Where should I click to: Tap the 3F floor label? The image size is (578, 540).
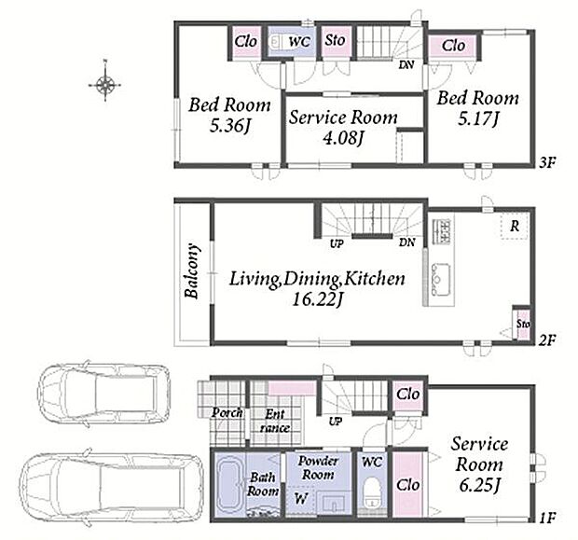click(x=547, y=162)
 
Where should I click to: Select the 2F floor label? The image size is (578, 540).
click(x=547, y=339)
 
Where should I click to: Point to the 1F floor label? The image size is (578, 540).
click(x=547, y=519)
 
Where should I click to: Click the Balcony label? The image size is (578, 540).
click(x=192, y=270)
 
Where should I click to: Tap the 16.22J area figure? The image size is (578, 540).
click(x=318, y=299)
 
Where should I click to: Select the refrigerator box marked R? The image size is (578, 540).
click(x=515, y=226)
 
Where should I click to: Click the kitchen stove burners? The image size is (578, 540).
click(x=442, y=231)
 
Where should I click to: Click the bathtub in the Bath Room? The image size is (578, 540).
click(x=230, y=485)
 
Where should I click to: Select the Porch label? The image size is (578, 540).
click(x=227, y=413)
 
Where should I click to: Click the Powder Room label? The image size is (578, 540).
click(x=318, y=467)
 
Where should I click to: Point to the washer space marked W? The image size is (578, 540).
click(x=301, y=499)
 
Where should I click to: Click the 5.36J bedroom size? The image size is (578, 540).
click(x=230, y=126)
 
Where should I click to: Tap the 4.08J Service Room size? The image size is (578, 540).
click(x=344, y=138)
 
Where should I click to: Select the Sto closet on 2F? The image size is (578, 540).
click(x=522, y=323)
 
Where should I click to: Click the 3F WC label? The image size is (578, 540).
click(x=299, y=41)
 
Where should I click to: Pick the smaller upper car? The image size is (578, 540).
click(x=104, y=393)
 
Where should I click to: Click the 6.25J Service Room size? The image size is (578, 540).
click(x=479, y=485)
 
